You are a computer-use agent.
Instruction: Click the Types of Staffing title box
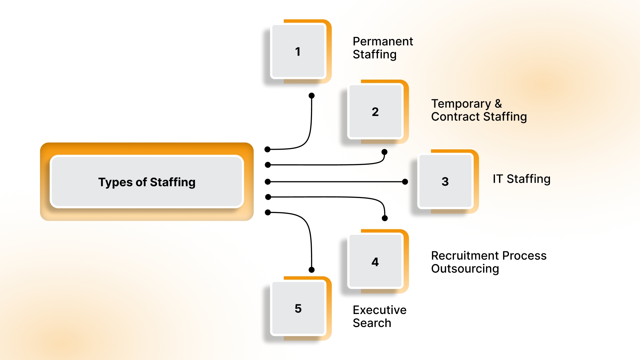pyautogui.click(x=147, y=182)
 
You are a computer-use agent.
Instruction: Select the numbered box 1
pyautogui.click(x=298, y=51)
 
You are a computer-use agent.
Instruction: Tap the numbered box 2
pyautogui.click(x=375, y=112)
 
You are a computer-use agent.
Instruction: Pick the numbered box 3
pyautogui.click(x=445, y=181)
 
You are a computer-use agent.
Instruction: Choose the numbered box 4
pyautogui.click(x=375, y=262)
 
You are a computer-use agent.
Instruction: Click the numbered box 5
pyautogui.click(x=298, y=308)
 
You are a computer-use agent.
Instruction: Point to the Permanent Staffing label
pyautogui.click(x=383, y=48)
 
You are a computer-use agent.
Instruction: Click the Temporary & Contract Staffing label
pyautogui.click(x=479, y=110)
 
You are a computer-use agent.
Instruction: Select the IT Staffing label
pyautogui.click(x=521, y=179)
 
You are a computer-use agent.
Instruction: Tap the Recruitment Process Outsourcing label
pyautogui.click(x=489, y=262)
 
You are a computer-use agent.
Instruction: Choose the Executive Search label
pyautogui.click(x=379, y=316)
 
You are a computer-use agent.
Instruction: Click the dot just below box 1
pyautogui.click(x=312, y=96)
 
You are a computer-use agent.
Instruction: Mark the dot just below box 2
pyautogui.click(x=384, y=152)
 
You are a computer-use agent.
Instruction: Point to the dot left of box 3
pyautogui.click(x=405, y=182)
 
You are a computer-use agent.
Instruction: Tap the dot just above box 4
pyautogui.click(x=385, y=218)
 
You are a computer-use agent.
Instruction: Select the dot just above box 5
pyautogui.click(x=312, y=270)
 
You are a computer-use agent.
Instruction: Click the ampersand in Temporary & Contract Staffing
pyautogui.click(x=498, y=104)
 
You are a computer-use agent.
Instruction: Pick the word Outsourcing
pyautogui.click(x=465, y=269)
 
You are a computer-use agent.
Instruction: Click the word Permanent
pyautogui.click(x=383, y=41)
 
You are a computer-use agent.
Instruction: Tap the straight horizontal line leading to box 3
pyautogui.click(x=337, y=182)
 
